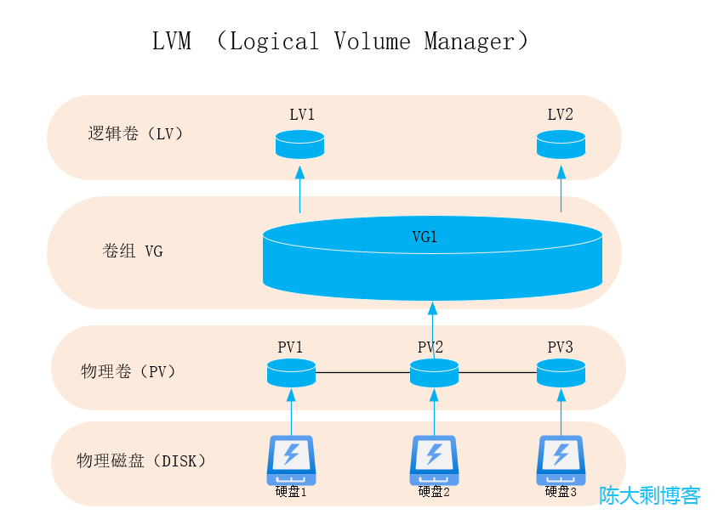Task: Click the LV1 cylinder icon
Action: [x=299, y=144]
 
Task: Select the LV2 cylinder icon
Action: [x=561, y=144]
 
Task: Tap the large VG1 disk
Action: [x=432, y=259]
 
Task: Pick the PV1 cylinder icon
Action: [x=291, y=372]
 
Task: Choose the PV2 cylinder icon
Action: [x=434, y=372]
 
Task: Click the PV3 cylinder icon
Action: [x=561, y=372]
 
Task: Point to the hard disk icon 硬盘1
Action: [x=291, y=460]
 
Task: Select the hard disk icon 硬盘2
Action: [x=434, y=460]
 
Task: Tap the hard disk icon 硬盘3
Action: [x=561, y=460]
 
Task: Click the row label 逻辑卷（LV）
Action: [x=136, y=133]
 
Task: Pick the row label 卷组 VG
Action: [x=132, y=251]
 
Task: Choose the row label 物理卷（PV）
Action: [x=128, y=371]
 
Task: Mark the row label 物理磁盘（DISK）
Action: [x=141, y=461]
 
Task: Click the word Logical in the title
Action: [x=274, y=42]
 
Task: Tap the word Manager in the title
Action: [x=470, y=42]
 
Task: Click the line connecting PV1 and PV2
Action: [x=362, y=372]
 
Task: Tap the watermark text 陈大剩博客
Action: [x=650, y=495]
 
